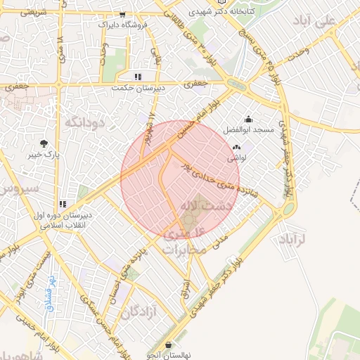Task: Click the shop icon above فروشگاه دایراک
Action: point(123,15)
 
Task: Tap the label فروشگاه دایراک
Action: point(123,24)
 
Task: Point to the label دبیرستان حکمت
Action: point(139,88)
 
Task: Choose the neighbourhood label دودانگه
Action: point(84,122)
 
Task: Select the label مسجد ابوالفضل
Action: point(249,131)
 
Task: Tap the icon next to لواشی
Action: point(236,148)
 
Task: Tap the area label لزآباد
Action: point(299,240)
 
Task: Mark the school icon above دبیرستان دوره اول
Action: point(63,204)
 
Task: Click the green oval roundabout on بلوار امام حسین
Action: point(238,85)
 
